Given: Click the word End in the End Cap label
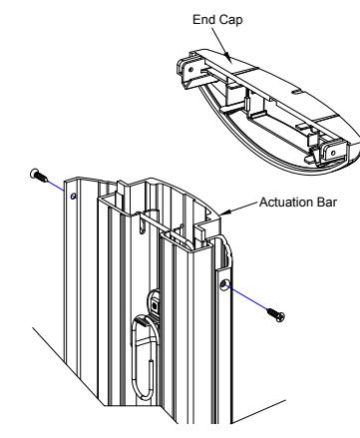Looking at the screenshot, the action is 202,19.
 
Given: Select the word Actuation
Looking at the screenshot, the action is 286,203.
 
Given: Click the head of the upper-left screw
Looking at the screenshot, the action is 34,173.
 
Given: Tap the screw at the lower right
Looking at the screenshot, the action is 276,314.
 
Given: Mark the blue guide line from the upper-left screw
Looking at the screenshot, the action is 56,186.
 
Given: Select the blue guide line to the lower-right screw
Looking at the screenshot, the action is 247,297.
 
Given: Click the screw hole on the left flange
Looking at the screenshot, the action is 74,197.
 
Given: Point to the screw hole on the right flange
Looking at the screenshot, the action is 223,284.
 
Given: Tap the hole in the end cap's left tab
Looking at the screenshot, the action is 190,70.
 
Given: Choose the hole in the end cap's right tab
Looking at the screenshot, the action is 333,153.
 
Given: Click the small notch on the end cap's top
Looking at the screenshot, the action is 296,92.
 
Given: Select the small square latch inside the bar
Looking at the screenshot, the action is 155,304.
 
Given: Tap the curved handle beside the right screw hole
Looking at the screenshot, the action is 228,252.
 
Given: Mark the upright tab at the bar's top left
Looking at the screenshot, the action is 121,191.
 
